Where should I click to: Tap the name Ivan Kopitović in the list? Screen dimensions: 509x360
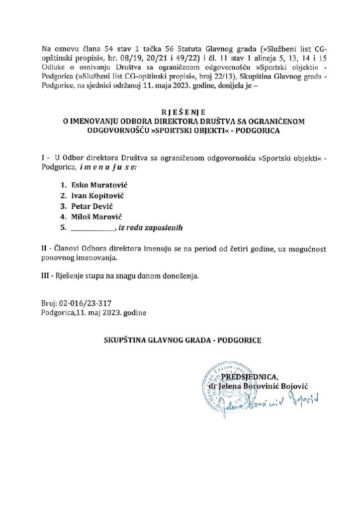(97, 196)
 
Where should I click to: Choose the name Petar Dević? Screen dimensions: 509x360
(92, 207)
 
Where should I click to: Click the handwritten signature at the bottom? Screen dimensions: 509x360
(269, 402)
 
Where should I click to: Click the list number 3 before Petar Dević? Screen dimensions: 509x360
(63, 207)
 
